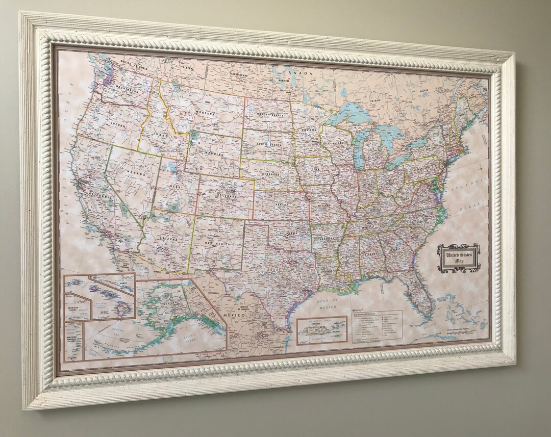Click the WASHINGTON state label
(126, 89)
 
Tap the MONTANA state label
(205, 113)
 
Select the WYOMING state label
(214, 153)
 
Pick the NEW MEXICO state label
(216, 244)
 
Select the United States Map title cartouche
(459, 258)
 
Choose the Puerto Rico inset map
(322, 329)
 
